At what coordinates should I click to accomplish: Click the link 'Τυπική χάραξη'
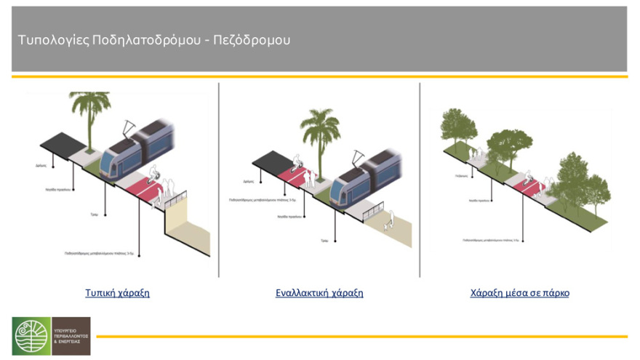pos(117,293)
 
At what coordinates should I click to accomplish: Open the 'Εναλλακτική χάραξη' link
pos(319,293)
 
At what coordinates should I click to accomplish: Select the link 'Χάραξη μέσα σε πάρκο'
pos(519,293)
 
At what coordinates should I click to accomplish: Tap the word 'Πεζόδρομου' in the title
pos(251,40)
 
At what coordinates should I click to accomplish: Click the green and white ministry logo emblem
pos(31,336)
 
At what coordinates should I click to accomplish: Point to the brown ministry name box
pos(71,336)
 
